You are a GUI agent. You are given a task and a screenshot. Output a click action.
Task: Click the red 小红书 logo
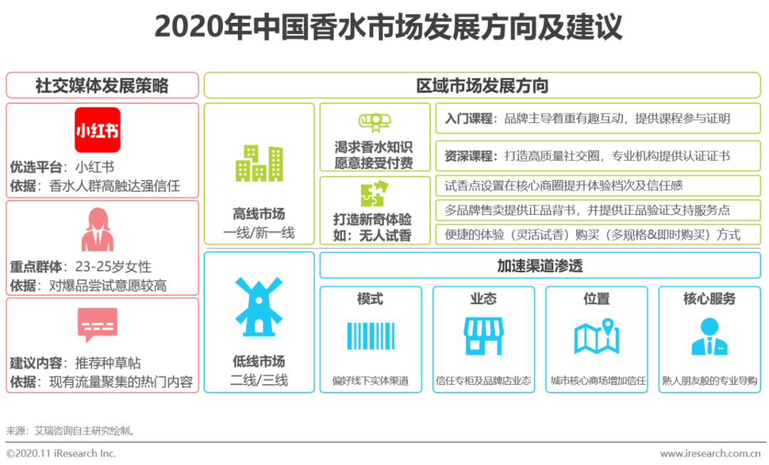coord(98,129)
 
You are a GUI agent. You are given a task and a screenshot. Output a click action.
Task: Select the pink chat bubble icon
coord(98,325)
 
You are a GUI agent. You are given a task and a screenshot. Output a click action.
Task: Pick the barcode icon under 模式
coord(370,336)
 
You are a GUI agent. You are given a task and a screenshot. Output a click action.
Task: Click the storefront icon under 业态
coord(483,336)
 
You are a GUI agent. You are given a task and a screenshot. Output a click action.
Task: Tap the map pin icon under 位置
coord(597,336)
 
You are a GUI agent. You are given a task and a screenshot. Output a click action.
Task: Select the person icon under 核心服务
coord(709,336)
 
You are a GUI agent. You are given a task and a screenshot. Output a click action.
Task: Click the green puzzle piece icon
coord(375,193)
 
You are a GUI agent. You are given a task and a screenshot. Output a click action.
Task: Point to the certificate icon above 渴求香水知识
coord(375,122)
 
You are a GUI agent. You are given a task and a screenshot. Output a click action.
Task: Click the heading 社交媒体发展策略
coord(102,86)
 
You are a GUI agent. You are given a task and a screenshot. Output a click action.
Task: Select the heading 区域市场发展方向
coord(482,86)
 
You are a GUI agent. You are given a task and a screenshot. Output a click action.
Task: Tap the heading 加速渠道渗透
coord(540,267)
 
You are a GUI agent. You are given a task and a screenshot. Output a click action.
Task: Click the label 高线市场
coord(259,213)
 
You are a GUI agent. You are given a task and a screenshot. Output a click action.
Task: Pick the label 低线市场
coord(259,361)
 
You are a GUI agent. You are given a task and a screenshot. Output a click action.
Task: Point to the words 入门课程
coord(469,119)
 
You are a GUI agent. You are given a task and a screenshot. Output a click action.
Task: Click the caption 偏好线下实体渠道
coord(370,380)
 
